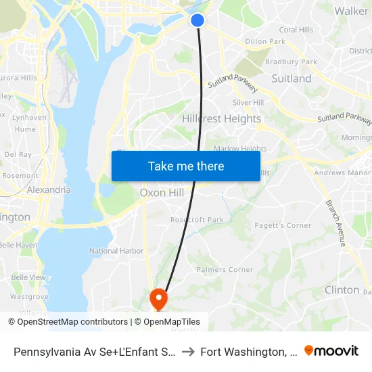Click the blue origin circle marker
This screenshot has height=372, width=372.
[197, 20]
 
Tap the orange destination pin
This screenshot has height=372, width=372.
[158, 298]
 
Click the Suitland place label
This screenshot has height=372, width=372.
[292, 78]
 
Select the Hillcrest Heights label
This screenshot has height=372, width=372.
[221, 118]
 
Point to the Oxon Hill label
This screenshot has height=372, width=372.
[162, 193]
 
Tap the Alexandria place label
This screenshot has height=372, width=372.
[49, 190]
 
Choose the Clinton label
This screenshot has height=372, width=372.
[342, 289]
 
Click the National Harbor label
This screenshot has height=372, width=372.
[116, 251]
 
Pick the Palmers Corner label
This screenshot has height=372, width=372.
[225, 270]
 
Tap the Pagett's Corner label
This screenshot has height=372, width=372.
[283, 225]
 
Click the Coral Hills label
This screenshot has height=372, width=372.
[296, 30]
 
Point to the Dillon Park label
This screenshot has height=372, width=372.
[265, 41]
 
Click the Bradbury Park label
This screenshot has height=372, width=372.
[292, 62]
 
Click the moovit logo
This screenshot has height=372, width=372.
[331, 350]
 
